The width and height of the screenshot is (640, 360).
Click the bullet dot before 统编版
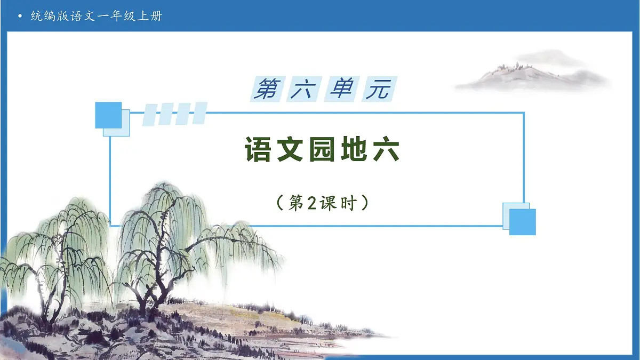(x=20, y=16)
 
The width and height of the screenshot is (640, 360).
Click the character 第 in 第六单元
(x=267, y=89)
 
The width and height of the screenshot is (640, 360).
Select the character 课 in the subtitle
(x=329, y=203)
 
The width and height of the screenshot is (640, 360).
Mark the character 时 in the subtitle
(x=347, y=203)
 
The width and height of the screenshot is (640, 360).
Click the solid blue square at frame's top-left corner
(x=108, y=115)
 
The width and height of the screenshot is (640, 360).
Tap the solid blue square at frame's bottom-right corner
(x=523, y=222)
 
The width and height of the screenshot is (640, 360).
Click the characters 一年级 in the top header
(x=117, y=16)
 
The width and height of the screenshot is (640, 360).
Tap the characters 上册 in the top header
(x=153, y=16)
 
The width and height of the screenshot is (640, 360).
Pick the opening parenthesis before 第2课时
(x=279, y=203)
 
